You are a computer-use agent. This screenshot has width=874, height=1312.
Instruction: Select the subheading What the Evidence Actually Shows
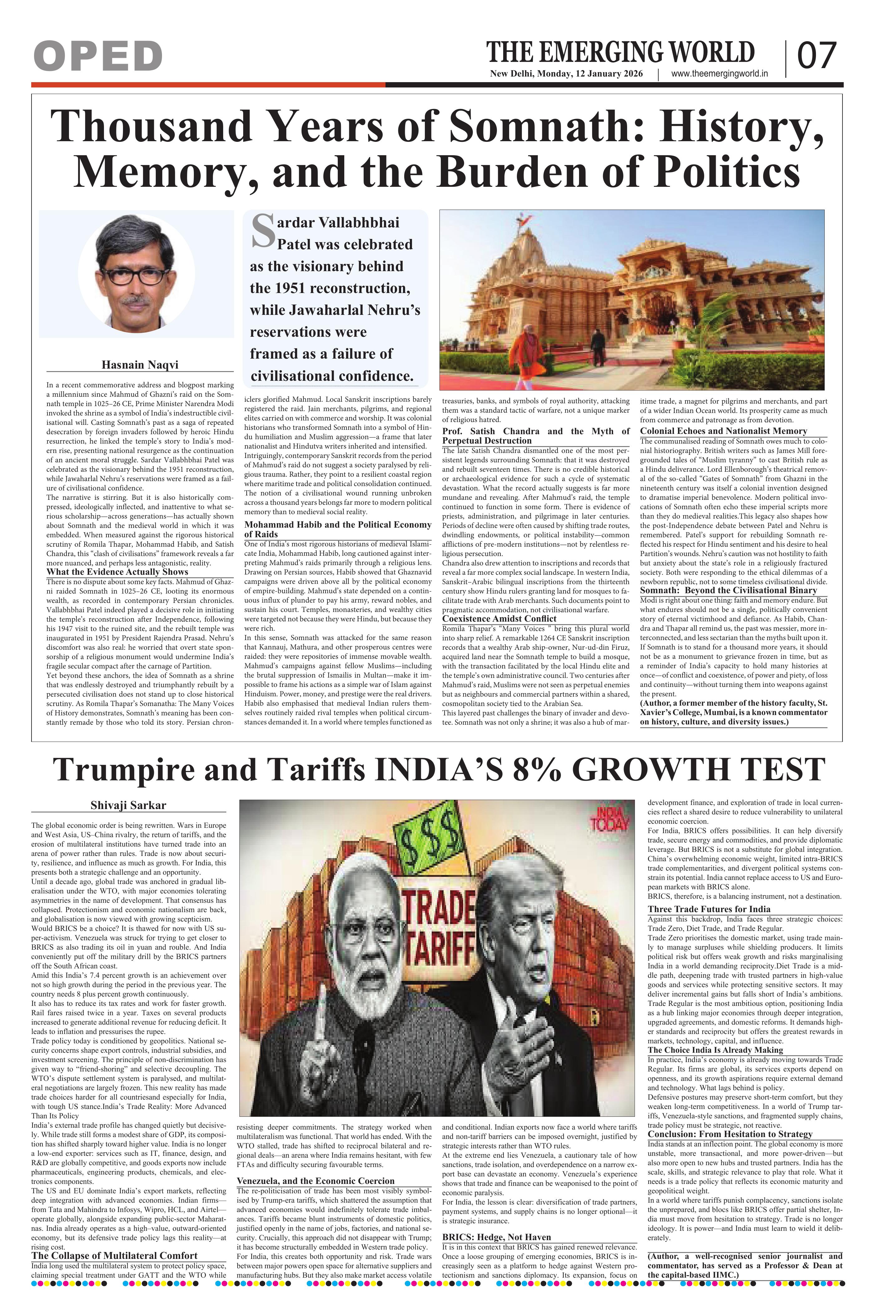(118, 572)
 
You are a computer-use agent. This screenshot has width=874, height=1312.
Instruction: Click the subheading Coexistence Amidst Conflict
(499, 618)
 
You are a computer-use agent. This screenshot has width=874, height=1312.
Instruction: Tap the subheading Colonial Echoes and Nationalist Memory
(723, 431)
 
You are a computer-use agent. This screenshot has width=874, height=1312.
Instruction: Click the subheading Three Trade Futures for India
(709, 909)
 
